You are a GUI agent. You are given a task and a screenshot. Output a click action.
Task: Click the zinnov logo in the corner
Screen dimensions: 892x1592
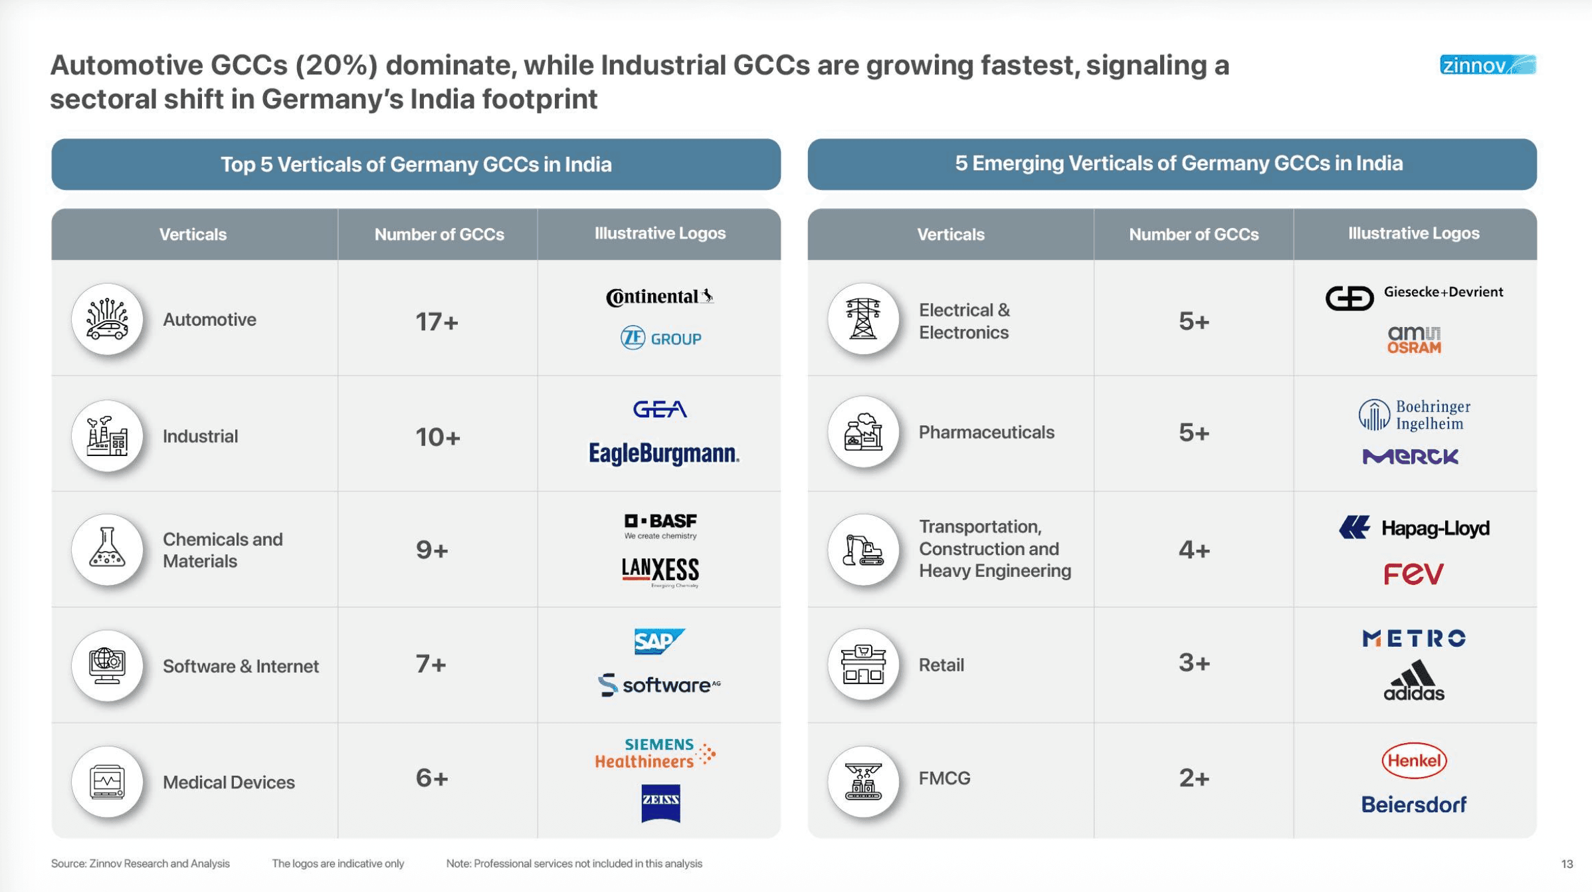pyautogui.click(x=1487, y=65)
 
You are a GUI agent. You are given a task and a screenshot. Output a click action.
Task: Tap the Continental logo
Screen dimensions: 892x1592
pyautogui.click(x=659, y=296)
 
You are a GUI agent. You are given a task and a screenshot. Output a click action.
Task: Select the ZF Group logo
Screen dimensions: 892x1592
pyautogui.click(x=660, y=338)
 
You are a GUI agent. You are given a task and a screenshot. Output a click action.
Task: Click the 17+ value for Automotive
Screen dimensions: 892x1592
pyautogui.click(x=437, y=322)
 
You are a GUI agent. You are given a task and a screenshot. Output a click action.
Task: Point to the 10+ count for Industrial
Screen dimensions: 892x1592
pyautogui.click(x=437, y=437)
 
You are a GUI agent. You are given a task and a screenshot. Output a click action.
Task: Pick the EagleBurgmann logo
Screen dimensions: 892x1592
pyautogui.click(x=663, y=453)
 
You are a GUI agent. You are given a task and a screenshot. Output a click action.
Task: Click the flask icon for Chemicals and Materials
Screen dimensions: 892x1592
pyautogui.click(x=107, y=549)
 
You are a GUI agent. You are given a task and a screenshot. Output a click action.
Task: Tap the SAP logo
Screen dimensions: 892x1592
pyautogui.click(x=658, y=641)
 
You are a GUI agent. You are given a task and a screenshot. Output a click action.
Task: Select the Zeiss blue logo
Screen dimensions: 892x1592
pyautogui.click(x=660, y=803)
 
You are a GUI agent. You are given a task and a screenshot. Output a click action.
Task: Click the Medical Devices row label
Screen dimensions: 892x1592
pyautogui.click(x=229, y=782)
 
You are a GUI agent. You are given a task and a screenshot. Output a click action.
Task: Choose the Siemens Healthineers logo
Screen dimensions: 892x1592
pyautogui.click(x=654, y=753)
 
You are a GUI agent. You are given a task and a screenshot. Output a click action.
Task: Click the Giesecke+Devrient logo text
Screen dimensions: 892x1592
pyautogui.click(x=1443, y=292)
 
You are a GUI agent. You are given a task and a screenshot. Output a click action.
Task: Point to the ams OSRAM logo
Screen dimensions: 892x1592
pyautogui.click(x=1413, y=340)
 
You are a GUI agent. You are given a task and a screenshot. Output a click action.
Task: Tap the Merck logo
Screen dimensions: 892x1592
pyautogui.click(x=1410, y=457)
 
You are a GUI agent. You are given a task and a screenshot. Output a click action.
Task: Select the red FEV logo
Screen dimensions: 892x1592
pyautogui.click(x=1413, y=574)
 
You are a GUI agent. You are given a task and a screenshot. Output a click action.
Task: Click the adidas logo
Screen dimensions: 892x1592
pyautogui.click(x=1413, y=681)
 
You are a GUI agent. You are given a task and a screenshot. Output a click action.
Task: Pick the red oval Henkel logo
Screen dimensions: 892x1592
pyautogui.click(x=1414, y=760)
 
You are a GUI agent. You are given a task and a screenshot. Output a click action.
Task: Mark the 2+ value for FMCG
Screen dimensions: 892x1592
pyautogui.click(x=1193, y=778)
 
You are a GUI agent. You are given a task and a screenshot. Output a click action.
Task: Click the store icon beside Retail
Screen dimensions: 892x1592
pyautogui.click(x=863, y=664)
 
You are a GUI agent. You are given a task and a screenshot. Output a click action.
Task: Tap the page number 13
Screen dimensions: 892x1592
pyautogui.click(x=1566, y=864)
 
